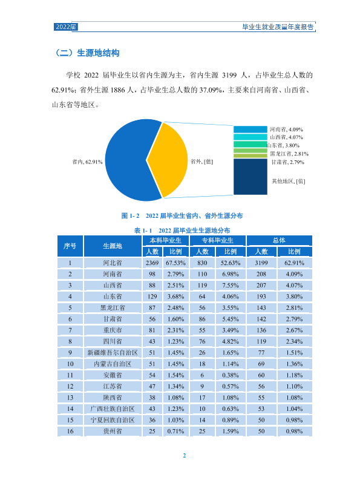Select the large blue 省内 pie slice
click(128, 160)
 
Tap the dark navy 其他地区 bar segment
click(250, 177)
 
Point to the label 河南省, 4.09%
click(286, 130)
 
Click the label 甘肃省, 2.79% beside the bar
click(287, 162)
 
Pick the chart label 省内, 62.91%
click(87, 162)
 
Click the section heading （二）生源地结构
click(87, 53)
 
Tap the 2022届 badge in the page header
click(66, 27)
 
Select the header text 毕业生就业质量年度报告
click(278, 27)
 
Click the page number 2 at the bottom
click(184, 455)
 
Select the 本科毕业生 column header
click(166, 240)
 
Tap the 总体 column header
click(279, 240)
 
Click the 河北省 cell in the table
click(113, 263)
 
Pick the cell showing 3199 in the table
click(261, 263)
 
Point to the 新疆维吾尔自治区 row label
click(113, 353)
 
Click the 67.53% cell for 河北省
click(176, 263)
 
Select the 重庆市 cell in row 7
click(113, 330)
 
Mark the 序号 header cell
click(70, 246)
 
